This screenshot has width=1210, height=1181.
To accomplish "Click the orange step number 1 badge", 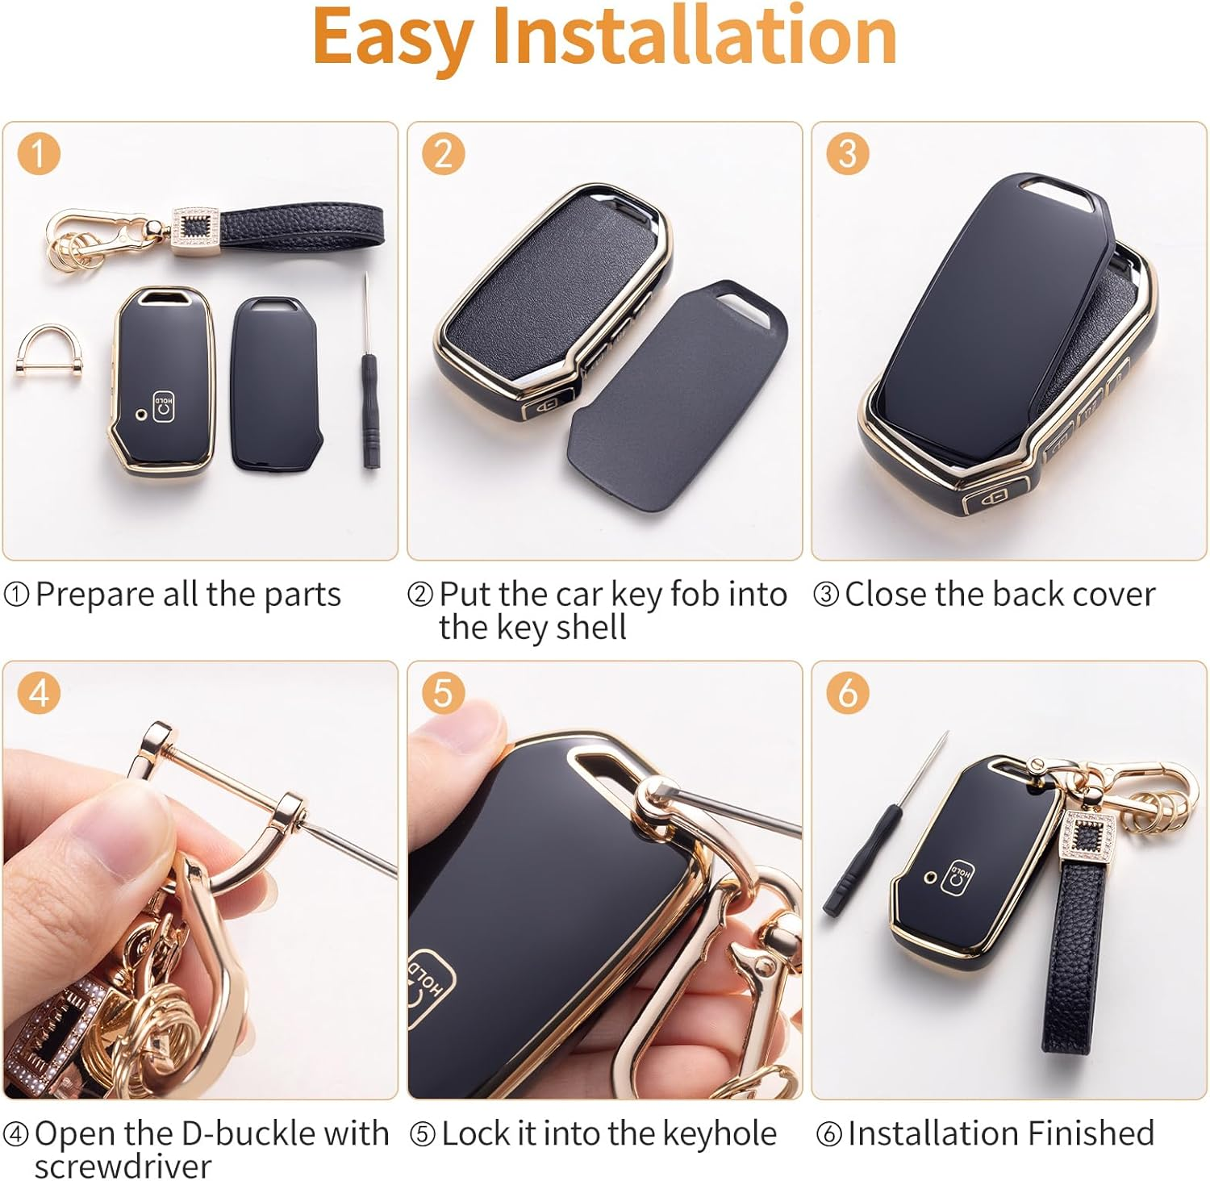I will [x=38, y=153].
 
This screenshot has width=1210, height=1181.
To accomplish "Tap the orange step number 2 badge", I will [x=443, y=153].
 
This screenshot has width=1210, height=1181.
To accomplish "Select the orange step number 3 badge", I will [x=847, y=153].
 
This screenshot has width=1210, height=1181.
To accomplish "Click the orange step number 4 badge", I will [x=38, y=693].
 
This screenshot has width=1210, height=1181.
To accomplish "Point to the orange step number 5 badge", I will [x=443, y=693].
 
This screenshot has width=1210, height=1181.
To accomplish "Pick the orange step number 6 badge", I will [x=847, y=693].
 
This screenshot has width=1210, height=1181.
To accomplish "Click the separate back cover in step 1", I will [x=276, y=383].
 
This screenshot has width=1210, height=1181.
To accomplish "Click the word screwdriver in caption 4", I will [x=123, y=1166].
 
